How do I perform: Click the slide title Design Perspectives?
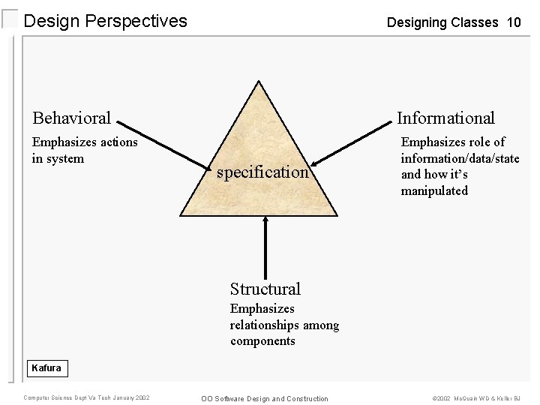105,21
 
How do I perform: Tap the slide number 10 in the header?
514,22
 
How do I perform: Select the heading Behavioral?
71,118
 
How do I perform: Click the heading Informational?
445,118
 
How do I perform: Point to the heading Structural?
265,289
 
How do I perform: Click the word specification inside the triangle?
262,172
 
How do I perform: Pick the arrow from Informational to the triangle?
352,142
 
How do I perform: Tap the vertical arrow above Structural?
265,247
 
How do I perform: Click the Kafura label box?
46,368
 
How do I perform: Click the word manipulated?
434,190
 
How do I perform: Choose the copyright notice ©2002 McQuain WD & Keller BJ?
475,398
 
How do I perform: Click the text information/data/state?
460,158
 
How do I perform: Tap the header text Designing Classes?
442,22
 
